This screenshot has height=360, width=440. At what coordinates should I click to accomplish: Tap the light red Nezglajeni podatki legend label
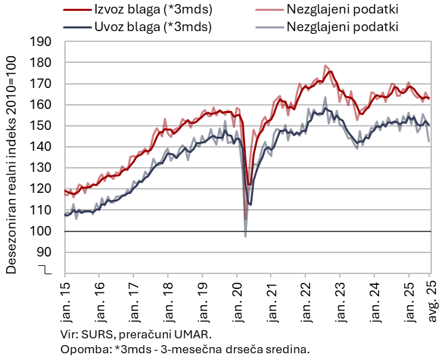[x=342, y=10]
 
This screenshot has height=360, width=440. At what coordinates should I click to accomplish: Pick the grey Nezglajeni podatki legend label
[x=342, y=27]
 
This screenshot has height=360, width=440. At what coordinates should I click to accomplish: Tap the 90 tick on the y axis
[x=45, y=252]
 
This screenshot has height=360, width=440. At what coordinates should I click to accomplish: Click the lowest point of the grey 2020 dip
[x=245, y=235]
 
